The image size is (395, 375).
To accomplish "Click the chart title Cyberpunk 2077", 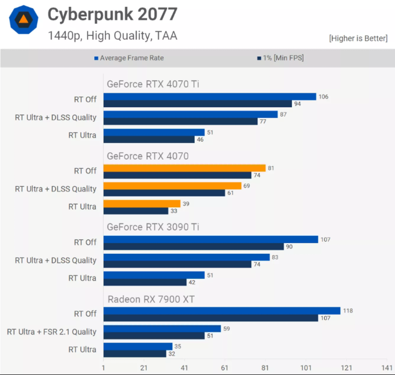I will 112,15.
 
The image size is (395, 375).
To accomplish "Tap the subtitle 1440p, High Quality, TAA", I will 112,36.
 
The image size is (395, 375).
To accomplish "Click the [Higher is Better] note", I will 358,38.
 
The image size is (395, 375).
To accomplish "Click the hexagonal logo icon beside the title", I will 24,20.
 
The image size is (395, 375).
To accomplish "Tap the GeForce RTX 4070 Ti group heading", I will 153,84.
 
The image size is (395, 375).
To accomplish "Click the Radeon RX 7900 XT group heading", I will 152,299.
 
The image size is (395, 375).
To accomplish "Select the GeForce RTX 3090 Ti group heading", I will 153,227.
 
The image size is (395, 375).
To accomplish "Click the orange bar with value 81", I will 184,168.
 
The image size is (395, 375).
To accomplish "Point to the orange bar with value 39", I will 142,204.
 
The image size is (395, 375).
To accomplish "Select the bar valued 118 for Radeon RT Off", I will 222,311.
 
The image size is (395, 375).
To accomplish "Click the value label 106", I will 324,96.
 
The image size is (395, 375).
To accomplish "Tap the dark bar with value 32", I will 135,354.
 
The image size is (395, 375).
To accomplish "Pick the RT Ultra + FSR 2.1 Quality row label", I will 52,331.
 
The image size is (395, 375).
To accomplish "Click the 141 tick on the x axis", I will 387,368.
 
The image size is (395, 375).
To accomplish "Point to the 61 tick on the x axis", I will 225,368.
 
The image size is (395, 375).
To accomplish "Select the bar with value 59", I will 162,329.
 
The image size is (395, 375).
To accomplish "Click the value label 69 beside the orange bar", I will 247,186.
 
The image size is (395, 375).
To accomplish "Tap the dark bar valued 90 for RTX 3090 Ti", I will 194,246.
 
